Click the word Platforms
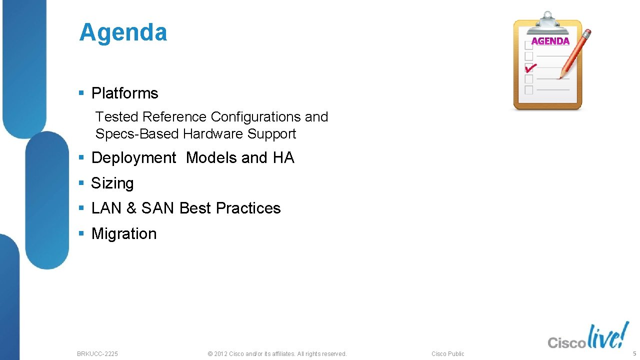(x=124, y=93)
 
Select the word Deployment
(x=133, y=158)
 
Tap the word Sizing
(x=112, y=183)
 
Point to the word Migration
(x=124, y=234)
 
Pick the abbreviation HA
(x=283, y=158)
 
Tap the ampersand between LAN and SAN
(x=131, y=208)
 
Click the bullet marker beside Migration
(x=81, y=234)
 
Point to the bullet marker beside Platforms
(x=81, y=93)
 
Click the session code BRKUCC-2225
(x=97, y=354)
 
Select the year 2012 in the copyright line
(x=220, y=354)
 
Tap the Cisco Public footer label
(x=447, y=354)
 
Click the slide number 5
(x=634, y=353)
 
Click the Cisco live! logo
(x=588, y=337)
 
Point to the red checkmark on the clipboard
(x=530, y=67)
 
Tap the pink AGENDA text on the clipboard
(x=550, y=41)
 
